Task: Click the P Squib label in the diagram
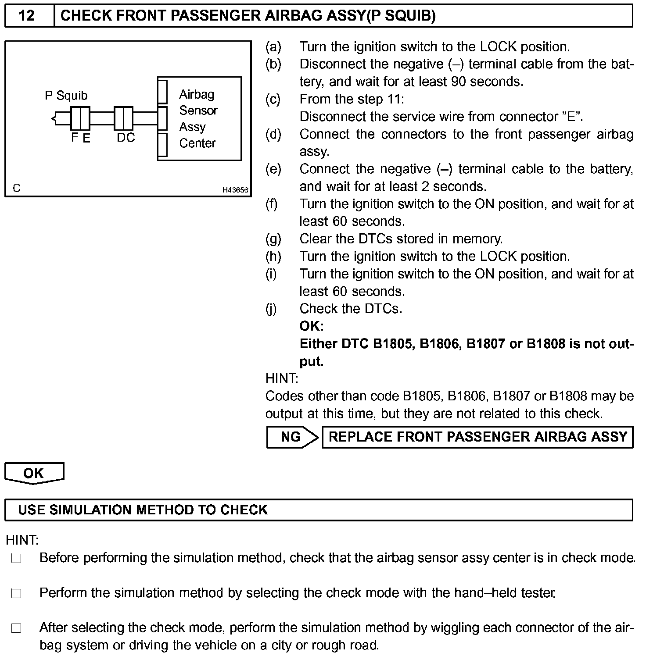coord(66,96)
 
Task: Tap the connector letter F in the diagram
coord(75,138)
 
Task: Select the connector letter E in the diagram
coord(86,138)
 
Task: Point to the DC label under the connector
coord(126,138)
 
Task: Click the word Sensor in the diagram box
coord(198,111)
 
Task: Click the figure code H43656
coord(235,190)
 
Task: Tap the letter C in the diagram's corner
coord(17,188)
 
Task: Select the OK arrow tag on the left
coord(34,473)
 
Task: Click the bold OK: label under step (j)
coord(312,326)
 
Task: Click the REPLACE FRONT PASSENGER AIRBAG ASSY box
coord(477,437)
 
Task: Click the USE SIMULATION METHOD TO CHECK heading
coord(143,510)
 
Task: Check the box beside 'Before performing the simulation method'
coord(17,559)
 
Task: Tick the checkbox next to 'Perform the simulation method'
coord(17,594)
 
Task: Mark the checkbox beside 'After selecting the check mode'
coord(17,628)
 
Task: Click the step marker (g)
coord(273,239)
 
